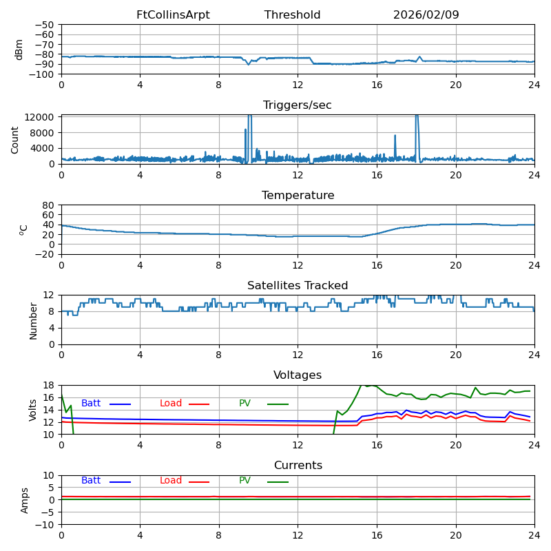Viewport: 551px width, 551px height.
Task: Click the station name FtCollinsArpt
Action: point(173,15)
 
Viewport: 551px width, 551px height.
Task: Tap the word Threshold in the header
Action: point(292,15)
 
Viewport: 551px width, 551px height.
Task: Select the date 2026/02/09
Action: point(426,15)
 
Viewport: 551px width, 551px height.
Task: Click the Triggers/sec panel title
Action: point(298,105)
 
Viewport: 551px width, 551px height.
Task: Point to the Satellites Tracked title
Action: point(298,286)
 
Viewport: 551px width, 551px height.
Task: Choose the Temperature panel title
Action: point(298,196)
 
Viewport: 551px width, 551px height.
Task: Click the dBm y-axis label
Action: point(19,49)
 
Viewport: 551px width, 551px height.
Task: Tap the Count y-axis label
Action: point(15,139)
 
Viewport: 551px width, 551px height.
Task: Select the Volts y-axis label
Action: point(33,410)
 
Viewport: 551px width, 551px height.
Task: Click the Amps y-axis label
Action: point(25,500)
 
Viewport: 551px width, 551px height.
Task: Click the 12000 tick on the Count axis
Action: point(40,117)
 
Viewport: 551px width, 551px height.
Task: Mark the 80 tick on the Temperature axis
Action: point(49,205)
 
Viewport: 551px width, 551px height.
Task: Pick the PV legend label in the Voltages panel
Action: point(245,404)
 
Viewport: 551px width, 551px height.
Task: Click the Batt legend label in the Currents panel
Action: point(90,481)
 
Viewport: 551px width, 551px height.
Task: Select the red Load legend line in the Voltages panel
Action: point(199,404)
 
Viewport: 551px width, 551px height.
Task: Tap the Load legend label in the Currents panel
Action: point(171,481)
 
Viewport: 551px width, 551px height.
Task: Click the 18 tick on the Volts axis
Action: point(49,385)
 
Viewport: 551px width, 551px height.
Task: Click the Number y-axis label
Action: point(33,320)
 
